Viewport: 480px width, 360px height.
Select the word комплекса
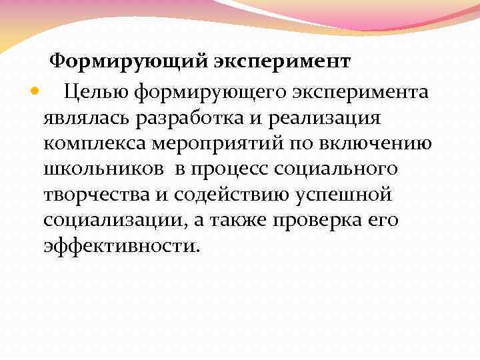91,143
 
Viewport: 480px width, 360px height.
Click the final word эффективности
120,245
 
